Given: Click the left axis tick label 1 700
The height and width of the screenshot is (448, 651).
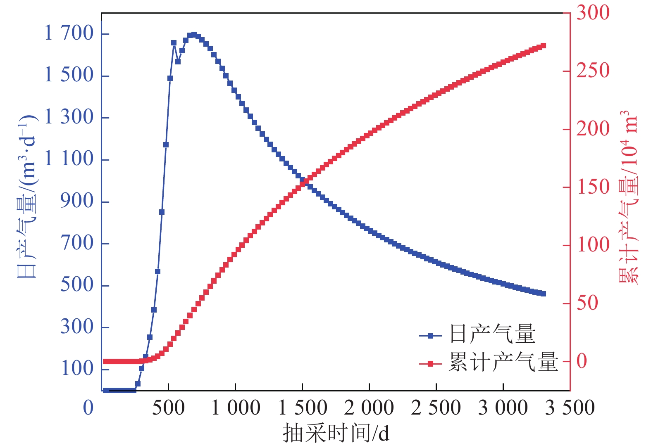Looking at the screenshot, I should click(x=69, y=33).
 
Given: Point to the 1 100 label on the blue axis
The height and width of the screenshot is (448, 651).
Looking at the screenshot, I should click(x=69, y=159).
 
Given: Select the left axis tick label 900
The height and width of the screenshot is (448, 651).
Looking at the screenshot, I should click(x=77, y=201).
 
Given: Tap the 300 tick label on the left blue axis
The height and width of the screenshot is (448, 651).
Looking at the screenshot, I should click(x=77, y=327).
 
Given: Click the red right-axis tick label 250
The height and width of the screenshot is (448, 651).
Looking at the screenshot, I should click(x=593, y=71).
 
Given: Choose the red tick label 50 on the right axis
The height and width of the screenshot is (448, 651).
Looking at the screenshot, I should click(x=587, y=303).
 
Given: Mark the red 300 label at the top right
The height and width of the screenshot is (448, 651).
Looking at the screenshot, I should click(x=593, y=12).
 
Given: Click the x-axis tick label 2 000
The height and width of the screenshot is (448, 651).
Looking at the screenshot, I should click(x=369, y=408).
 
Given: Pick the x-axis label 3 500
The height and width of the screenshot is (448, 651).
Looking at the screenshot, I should click(x=570, y=408).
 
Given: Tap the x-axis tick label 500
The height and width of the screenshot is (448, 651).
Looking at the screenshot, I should click(x=168, y=408).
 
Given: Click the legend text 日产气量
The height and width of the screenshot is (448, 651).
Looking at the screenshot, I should click(x=492, y=334).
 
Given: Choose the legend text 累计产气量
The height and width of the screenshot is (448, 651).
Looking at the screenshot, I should click(x=503, y=362).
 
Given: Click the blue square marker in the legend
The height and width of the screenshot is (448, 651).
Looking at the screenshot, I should click(x=430, y=336).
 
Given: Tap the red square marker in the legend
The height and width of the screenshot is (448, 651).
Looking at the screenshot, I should click(x=430, y=364).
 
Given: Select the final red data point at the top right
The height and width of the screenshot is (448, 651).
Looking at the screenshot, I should click(x=544, y=45).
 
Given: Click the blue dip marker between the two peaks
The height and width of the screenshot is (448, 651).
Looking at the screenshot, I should click(x=178, y=62).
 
